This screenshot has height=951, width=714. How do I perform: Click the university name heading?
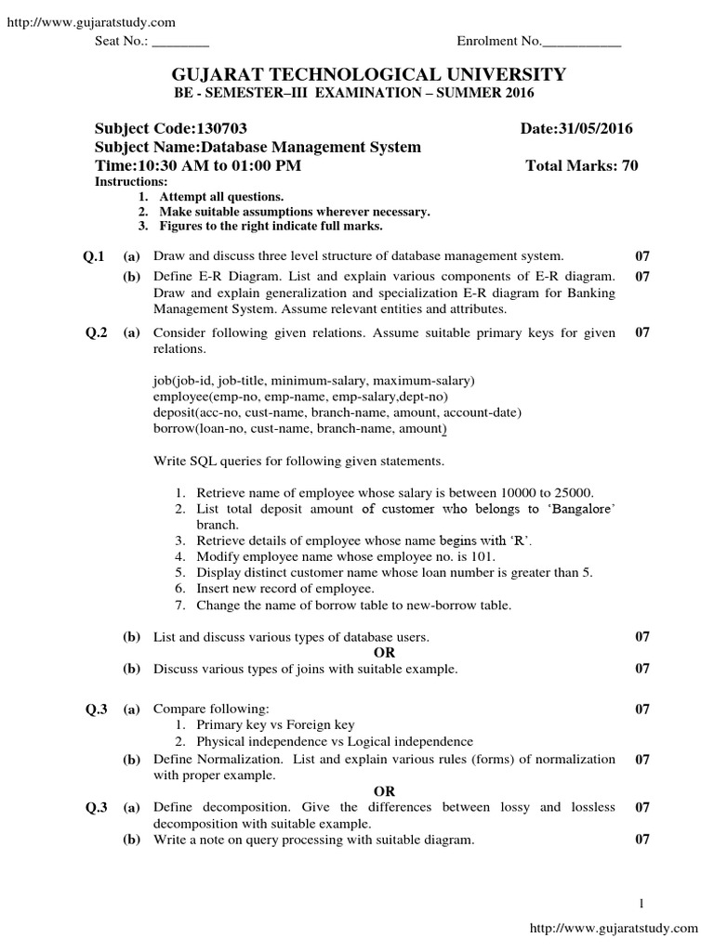pyautogui.click(x=356, y=74)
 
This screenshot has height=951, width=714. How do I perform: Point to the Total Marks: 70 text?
pyautogui.click(x=582, y=165)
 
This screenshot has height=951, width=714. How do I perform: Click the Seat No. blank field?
pyautogui.click(x=180, y=43)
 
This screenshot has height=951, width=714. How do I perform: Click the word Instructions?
pyautogui.click(x=131, y=182)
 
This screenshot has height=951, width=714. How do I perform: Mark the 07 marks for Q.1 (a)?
pyautogui.click(x=641, y=255)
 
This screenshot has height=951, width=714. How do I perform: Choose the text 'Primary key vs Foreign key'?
pyautogui.click(x=275, y=724)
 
